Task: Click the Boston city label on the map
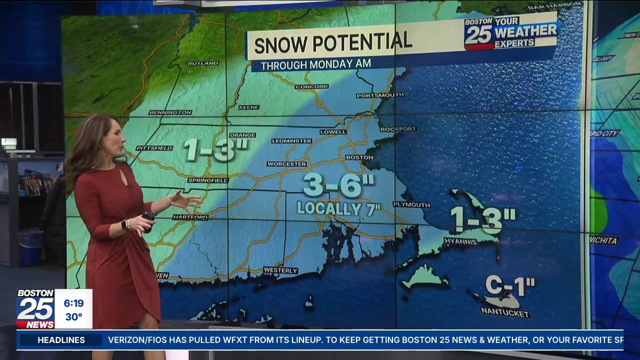coord(359,157)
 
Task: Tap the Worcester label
coord(286,164)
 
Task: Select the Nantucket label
coord(505,313)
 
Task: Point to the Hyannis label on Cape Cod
coord(460,241)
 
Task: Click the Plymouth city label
coord(411,204)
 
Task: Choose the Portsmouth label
coord(380,95)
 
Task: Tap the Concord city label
coord(311,86)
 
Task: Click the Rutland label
coord(202,63)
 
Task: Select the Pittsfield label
coord(154,148)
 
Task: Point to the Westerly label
coord(280,270)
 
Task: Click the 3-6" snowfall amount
coord(338,185)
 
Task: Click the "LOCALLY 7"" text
coord(338,208)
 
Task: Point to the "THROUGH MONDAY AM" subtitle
coord(315,64)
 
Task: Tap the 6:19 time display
coord(73,303)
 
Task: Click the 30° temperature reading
coord(73,317)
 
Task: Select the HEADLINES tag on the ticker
coord(61,340)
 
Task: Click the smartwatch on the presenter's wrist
coord(125,224)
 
